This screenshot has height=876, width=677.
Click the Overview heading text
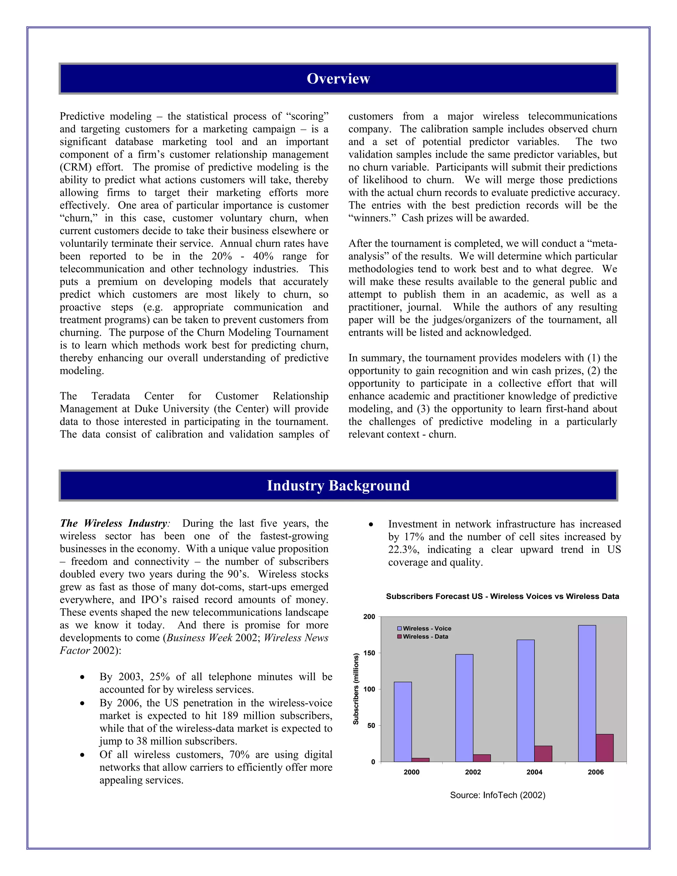[338, 79]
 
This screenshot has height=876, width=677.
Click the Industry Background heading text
[338, 485]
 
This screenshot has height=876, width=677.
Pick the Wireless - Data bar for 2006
[604, 748]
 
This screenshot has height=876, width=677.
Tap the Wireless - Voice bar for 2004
[525, 700]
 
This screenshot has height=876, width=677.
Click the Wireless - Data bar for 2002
[482, 758]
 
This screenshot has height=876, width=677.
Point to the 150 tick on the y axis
[369, 653]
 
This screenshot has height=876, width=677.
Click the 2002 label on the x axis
[473, 772]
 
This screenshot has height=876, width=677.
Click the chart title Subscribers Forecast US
[502, 596]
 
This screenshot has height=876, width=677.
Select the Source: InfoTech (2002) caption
[497, 795]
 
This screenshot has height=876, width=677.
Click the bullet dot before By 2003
[82, 677]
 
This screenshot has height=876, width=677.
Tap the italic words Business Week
[199, 638]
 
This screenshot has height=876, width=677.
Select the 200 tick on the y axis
[369, 617]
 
